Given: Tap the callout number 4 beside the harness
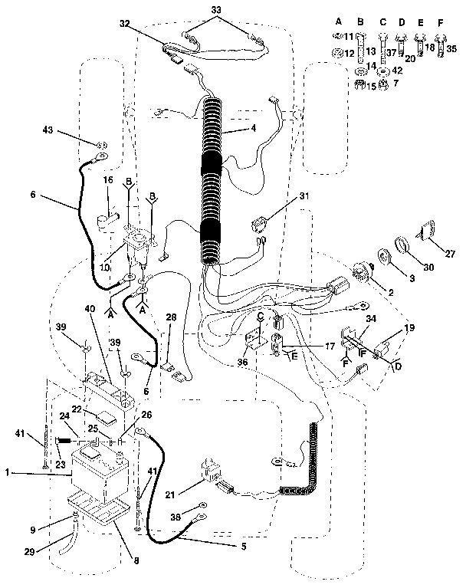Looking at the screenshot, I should pyautogui.click(x=252, y=130).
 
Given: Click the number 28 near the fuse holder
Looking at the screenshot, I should pyautogui.click(x=170, y=317).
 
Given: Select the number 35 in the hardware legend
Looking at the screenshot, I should pyautogui.click(x=451, y=48).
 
